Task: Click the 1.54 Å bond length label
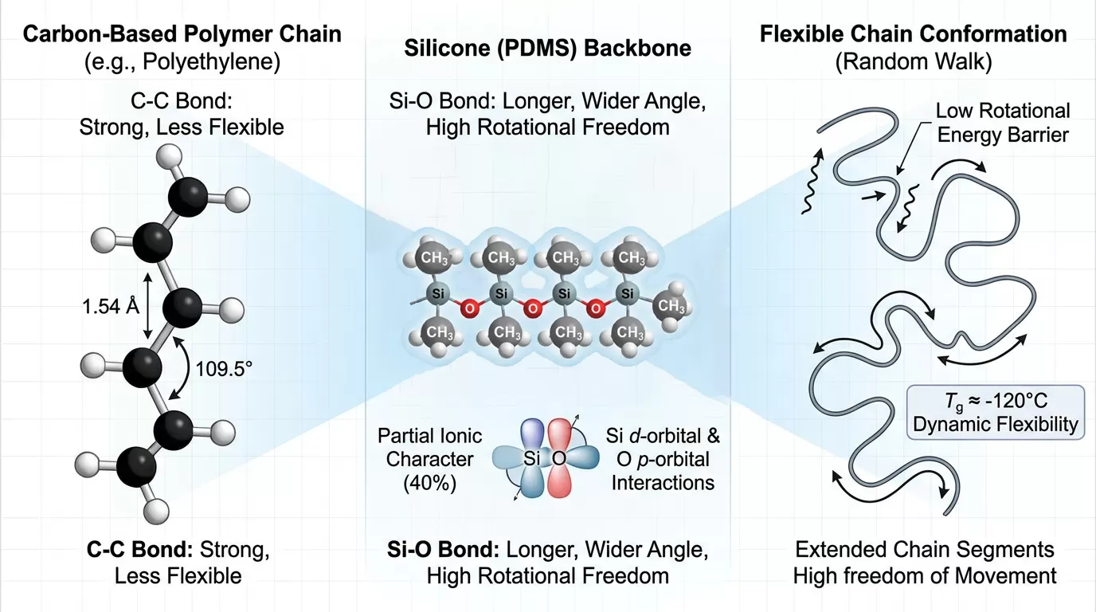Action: click(111, 307)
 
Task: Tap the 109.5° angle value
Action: click(224, 369)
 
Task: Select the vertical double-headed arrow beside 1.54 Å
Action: click(148, 306)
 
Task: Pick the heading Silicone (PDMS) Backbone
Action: click(547, 48)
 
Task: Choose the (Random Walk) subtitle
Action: click(913, 61)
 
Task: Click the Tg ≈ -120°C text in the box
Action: click(995, 401)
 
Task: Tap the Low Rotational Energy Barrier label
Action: click(1003, 123)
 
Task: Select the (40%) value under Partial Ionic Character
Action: click(429, 483)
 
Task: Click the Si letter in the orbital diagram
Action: click(531, 458)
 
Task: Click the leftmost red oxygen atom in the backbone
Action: click(469, 308)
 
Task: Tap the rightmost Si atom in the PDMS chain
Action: click(628, 293)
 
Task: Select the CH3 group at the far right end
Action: click(671, 306)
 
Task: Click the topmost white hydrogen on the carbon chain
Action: click(170, 157)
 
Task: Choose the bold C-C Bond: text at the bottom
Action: click(140, 549)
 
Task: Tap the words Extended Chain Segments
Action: click(924, 549)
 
